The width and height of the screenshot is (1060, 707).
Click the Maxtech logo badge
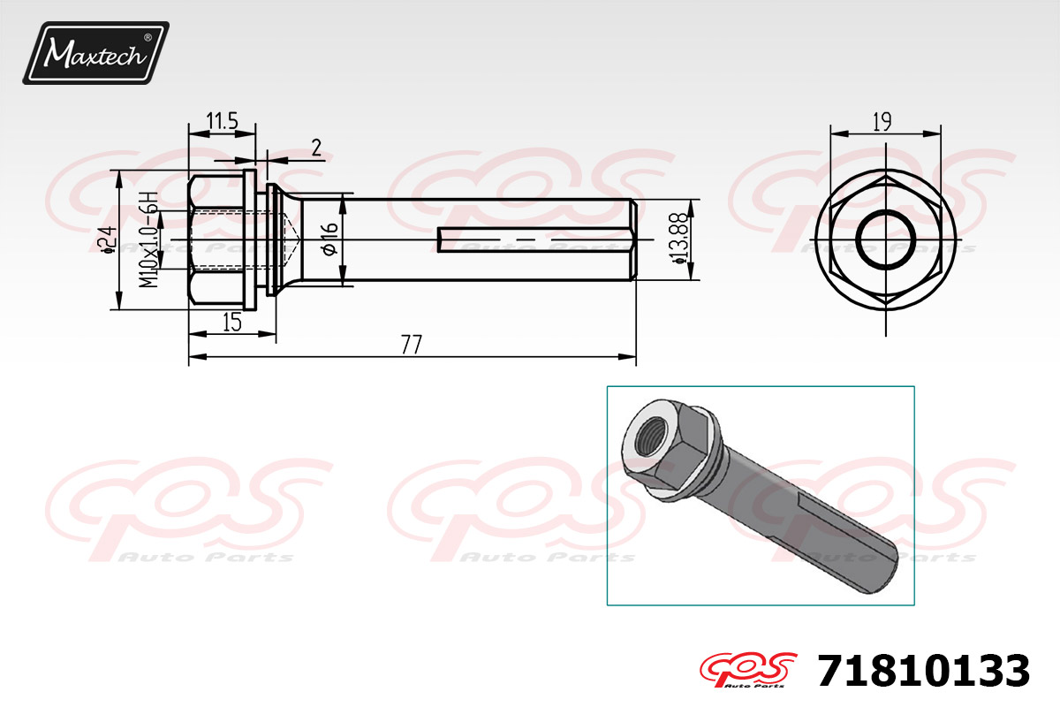95,53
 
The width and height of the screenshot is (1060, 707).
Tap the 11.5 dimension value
222,121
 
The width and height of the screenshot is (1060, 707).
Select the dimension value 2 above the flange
316,148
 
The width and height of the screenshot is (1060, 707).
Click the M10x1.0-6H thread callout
148,239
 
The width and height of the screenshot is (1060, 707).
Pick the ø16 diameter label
330,239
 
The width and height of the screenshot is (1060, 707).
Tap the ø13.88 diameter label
679,239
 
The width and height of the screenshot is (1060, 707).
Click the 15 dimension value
231,323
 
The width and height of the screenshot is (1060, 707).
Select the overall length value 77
411,345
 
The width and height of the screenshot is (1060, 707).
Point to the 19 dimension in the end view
882,122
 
